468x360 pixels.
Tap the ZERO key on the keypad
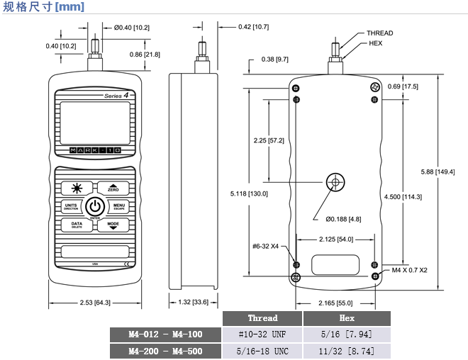coord(113,188)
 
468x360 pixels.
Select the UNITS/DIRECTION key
coord(71,207)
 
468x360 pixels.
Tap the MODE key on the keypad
coord(113,225)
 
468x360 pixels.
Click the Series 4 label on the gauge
coord(116,95)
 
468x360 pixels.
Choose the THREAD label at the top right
coord(379,33)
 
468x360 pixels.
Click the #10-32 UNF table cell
coord(262,334)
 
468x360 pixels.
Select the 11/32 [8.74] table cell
coord(347,351)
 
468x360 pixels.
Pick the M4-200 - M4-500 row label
coord(165,351)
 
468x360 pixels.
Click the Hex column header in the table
coord(347,318)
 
